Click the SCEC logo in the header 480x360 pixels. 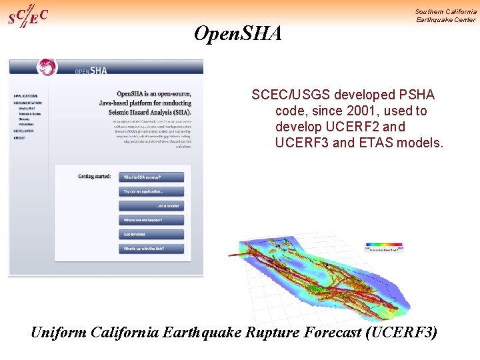pos(27,15)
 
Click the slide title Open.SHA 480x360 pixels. pos(237,33)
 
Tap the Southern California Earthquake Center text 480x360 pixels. pos(445,15)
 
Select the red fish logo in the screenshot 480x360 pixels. pos(47,67)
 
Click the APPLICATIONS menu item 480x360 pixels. pos(25,96)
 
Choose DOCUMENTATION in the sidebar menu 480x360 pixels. pos(28,103)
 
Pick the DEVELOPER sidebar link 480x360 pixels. pos(23,131)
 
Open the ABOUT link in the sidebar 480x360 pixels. pos(19,138)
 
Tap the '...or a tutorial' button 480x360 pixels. pos(151,206)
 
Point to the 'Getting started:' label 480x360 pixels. pos(94,177)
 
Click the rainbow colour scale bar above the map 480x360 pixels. pos(385,245)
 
